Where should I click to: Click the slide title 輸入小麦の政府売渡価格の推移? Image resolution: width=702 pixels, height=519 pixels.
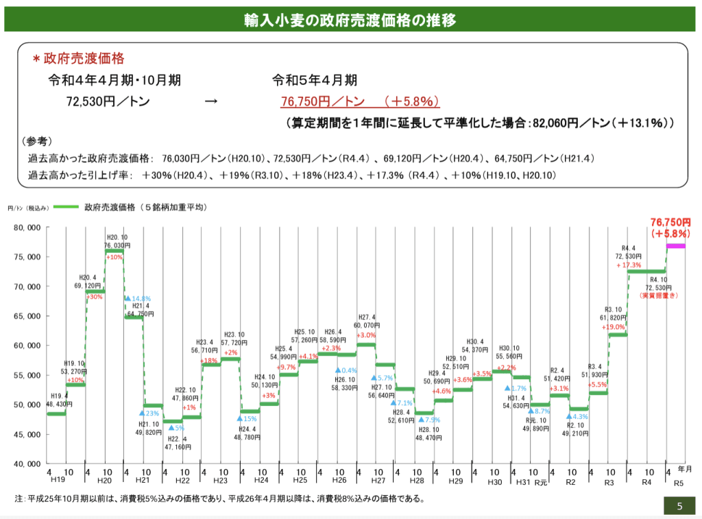[350, 20]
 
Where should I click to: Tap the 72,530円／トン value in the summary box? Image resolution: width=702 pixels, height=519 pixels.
[108, 102]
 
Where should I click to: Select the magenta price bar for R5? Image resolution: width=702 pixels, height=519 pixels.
[675, 246]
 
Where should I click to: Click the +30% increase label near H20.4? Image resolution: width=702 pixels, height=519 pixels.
[95, 297]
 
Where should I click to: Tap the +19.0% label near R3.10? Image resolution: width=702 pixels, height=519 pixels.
[614, 327]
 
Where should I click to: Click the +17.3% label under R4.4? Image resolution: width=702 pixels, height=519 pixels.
[629, 265]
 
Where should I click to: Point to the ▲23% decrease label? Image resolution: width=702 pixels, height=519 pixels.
[149, 413]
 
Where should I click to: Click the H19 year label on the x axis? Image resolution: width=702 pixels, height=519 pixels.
[56, 482]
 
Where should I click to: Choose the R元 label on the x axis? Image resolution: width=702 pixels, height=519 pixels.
[541, 483]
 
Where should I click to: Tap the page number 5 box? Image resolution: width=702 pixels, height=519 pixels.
[679, 507]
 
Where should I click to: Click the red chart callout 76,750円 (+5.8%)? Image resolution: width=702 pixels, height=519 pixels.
[670, 228]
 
